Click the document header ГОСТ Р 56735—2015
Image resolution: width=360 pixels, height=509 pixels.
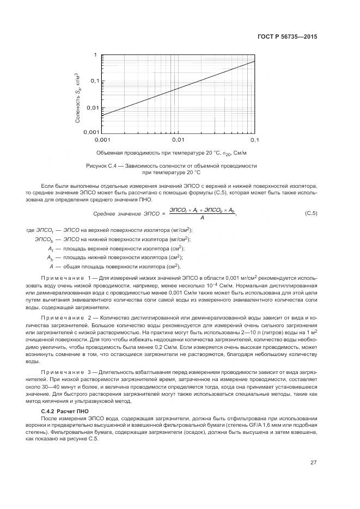click(289, 36)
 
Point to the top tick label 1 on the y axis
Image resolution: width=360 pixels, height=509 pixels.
click(95, 56)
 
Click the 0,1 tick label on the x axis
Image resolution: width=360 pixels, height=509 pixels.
click(254, 140)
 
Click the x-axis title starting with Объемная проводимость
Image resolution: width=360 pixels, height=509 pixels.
click(171, 153)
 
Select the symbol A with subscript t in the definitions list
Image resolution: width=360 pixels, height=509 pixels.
click(50, 248)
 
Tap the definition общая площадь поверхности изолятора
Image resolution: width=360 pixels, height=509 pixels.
click(119, 266)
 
